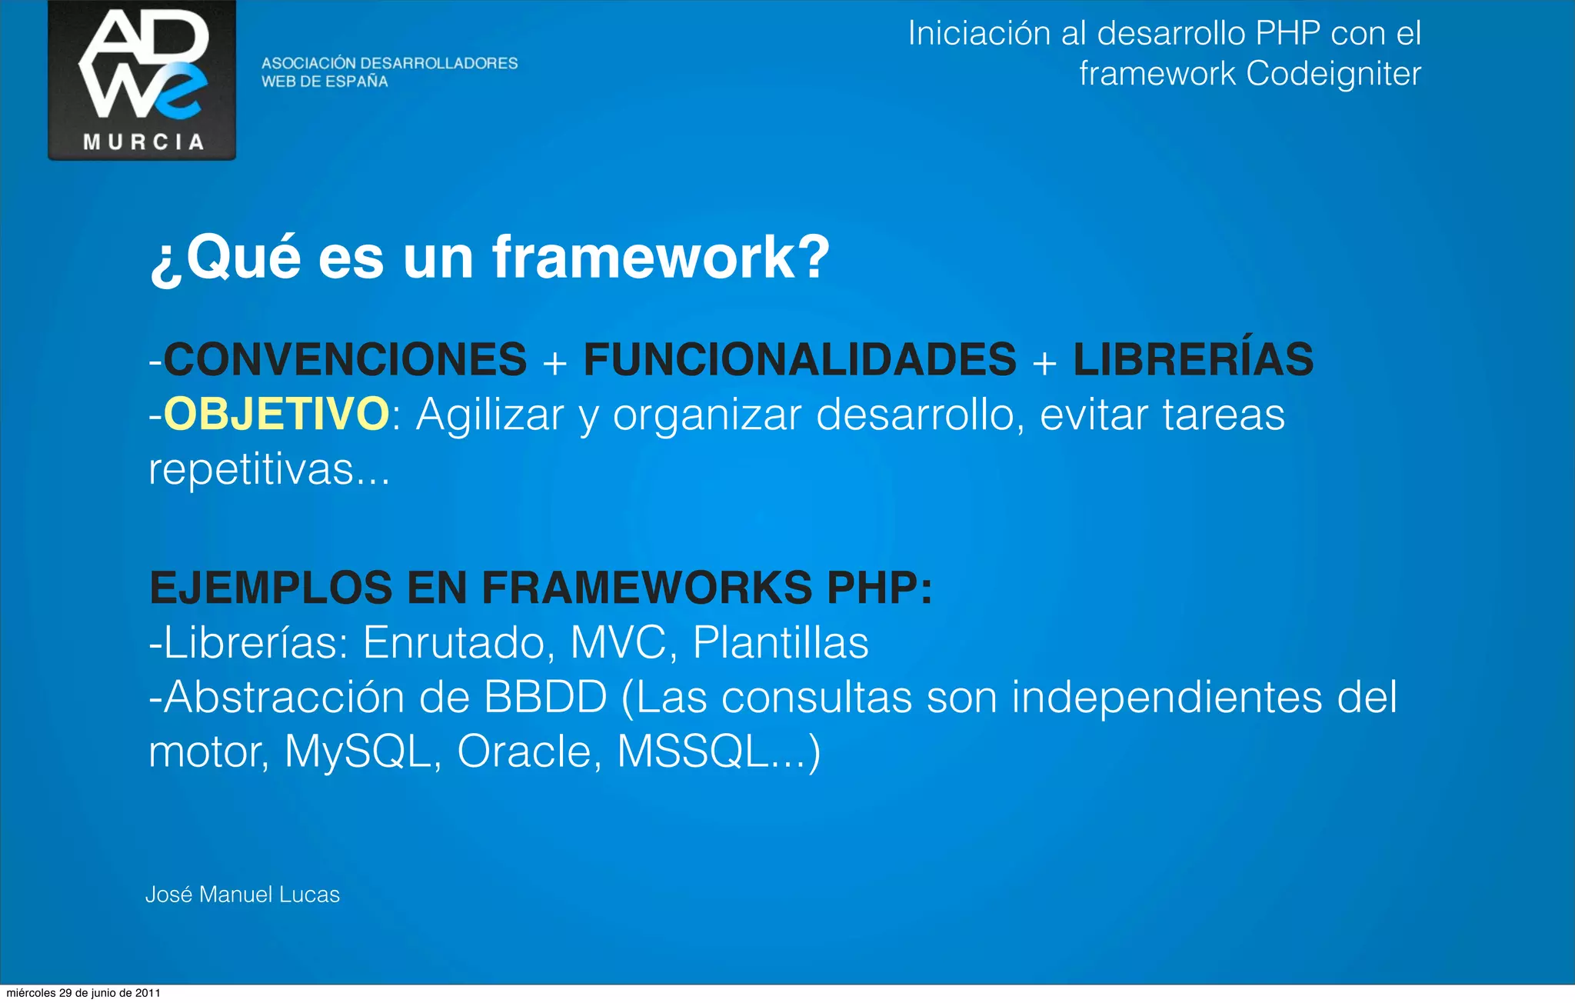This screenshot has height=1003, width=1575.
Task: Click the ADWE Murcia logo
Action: (x=142, y=80)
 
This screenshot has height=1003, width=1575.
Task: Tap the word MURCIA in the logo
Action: (x=144, y=142)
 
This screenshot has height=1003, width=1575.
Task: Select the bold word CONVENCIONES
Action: (x=345, y=359)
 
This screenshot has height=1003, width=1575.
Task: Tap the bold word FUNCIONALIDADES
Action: (x=800, y=359)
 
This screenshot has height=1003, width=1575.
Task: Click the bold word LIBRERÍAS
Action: (x=1193, y=359)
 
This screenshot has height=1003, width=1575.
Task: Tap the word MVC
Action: (x=618, y=642)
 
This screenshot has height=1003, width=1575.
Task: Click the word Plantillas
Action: (x=781, y=642)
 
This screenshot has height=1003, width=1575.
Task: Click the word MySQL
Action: (x=357, y=751)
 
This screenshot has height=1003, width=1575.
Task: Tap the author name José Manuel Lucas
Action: (x=242, y=895)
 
